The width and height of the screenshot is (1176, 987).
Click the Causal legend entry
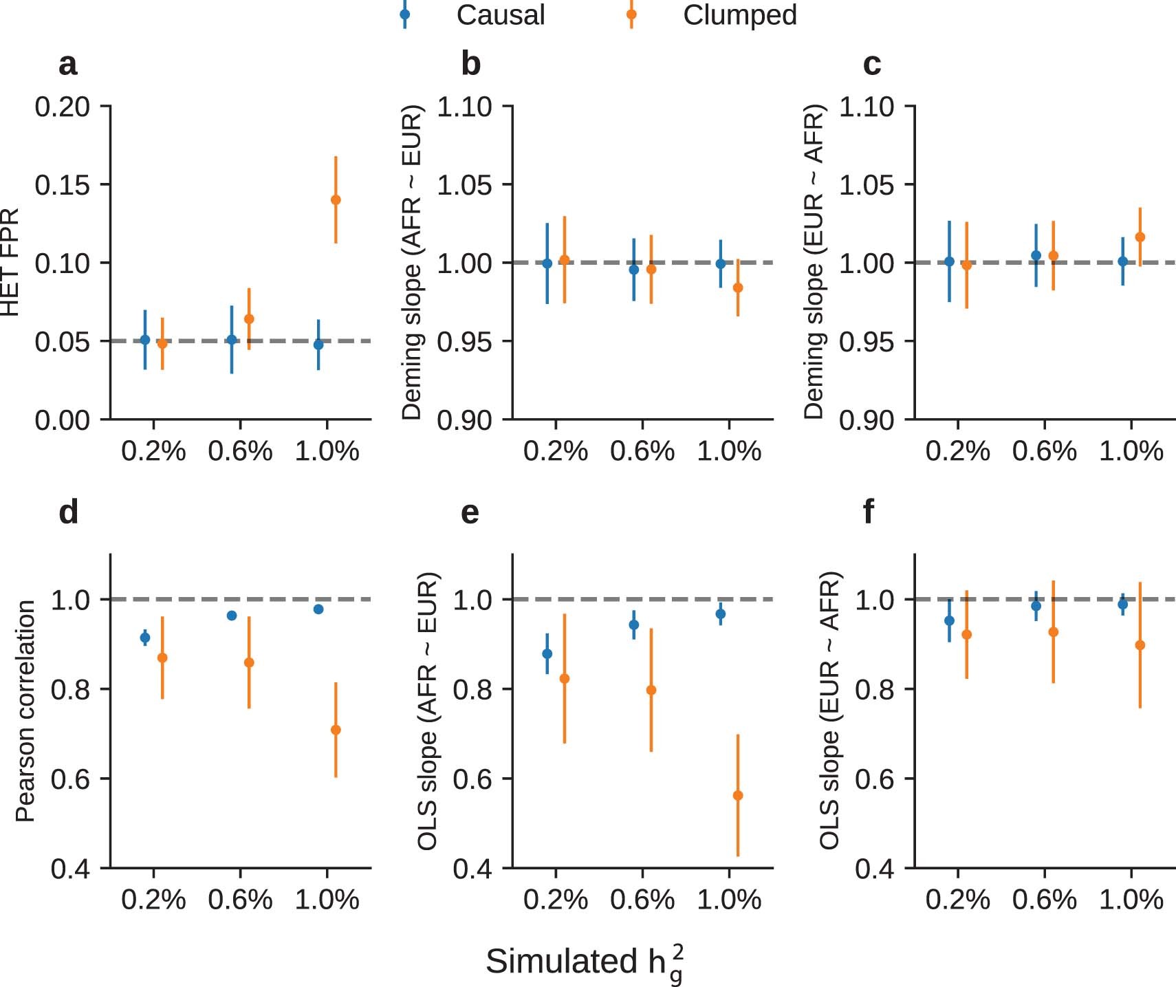(x=500, y=15)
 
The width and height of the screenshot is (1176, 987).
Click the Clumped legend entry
(x=739, y=15)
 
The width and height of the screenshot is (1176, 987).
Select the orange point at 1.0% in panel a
(x=336, y=200)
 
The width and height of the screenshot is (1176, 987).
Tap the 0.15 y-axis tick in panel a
(x=63, y=185)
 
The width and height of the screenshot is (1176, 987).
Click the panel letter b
(x=470, y=65)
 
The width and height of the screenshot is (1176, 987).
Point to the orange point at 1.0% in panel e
(x=738, y=796)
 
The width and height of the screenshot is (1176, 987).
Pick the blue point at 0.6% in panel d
(x=232, y=616)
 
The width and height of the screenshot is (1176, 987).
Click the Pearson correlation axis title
(x=25, y=711)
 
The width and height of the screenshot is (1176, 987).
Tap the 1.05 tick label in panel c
(x=867, y=185)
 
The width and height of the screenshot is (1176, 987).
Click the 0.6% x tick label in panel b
(x=642, y=452)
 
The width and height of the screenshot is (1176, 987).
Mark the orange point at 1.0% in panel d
(x=336, y=730)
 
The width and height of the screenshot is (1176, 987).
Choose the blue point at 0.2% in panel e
(x=547, y=654)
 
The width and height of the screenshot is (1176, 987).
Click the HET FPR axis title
(x=10, y=263)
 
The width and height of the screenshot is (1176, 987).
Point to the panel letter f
(x=869, y=512)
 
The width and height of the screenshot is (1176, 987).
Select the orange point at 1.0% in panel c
(x=1140, y=237)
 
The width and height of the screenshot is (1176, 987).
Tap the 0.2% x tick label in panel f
(x=957, y=900)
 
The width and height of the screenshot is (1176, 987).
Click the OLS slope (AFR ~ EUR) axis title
(x=427, y=711)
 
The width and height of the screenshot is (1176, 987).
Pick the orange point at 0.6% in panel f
(x=1053, y=632)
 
